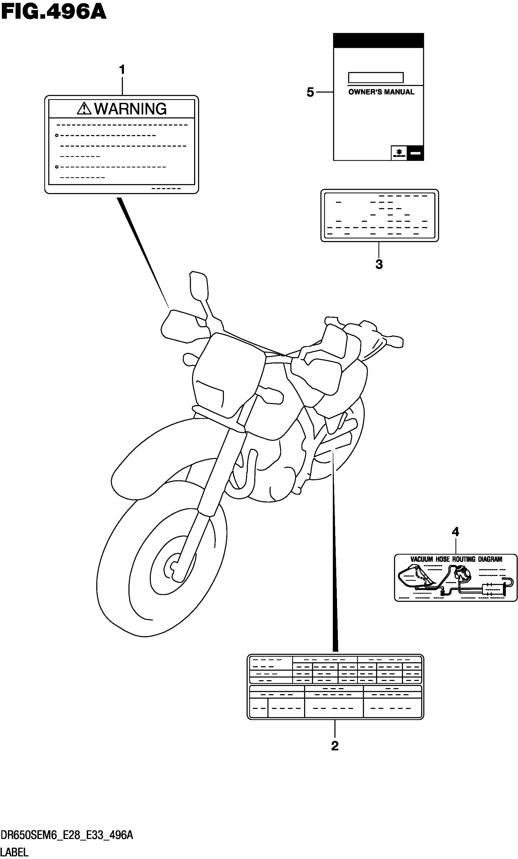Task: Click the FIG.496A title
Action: tap(53, 12)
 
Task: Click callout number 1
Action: tap(122, 70)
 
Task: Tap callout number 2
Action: tap(335, 746)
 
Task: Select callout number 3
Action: tap(379, 265)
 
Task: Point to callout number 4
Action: tap(455, 532)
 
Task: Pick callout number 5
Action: tap(310, 92)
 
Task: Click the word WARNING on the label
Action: tap(130, 109)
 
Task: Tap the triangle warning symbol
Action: tap(84, 109)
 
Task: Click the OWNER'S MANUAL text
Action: tap(381, 92)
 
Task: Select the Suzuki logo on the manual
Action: tap(399, 153)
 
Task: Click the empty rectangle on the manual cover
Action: tap(376, 77)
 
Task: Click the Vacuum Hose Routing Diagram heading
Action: tap(456, 559)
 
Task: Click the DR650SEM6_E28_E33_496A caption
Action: tap(67, 835)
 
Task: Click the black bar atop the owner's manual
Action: tap(378, 41)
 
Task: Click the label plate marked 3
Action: tap(379, 215)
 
